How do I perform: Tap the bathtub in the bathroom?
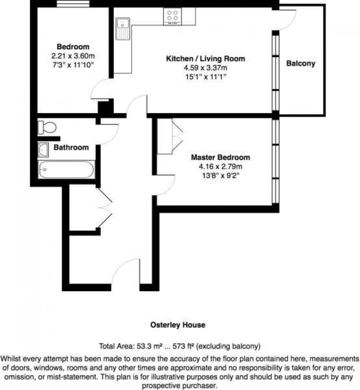click(66, 169)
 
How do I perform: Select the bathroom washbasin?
click(43, 149)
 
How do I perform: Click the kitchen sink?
click(123, 25)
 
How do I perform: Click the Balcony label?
click(300, 64)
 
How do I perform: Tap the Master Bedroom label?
click(220, 157)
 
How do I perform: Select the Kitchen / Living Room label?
click(205, 59)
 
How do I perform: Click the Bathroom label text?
click(71, 147)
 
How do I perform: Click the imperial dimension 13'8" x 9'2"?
click(220, 175)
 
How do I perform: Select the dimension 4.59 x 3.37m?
click(205, 67)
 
